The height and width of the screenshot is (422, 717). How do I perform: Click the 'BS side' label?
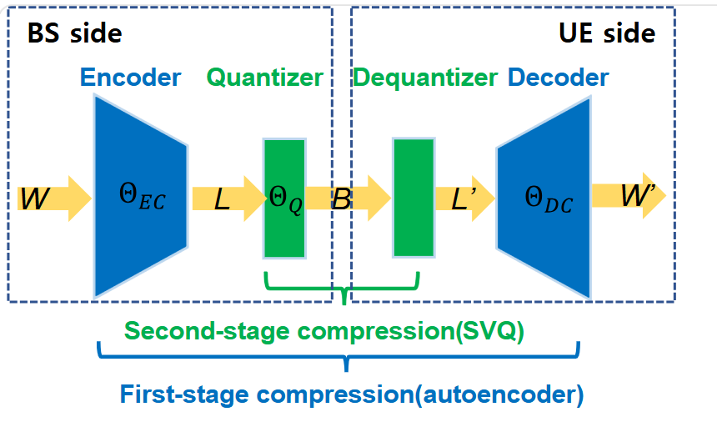[74, 33]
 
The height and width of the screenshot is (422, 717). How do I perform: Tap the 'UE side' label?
[607, 33]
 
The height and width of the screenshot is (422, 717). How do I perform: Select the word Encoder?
[131, 78]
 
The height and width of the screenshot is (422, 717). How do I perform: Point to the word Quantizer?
[265, 78]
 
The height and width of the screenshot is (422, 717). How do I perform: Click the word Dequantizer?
[425, 78]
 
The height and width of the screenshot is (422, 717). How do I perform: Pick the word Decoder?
[559, 78]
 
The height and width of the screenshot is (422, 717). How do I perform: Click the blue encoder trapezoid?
[141, 197]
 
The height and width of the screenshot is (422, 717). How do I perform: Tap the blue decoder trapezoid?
[544, 198]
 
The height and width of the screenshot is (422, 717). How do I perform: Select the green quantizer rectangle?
[284, 198]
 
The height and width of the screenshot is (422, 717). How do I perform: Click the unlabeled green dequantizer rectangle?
[414, 198]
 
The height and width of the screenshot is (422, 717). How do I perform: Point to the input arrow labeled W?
[54, 198]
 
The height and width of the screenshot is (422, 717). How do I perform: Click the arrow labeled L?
[228, 198]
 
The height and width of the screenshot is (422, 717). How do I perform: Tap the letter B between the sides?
[342, 198]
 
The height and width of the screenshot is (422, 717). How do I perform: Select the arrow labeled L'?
[465, 198]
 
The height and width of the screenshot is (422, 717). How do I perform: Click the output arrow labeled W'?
[629, 196]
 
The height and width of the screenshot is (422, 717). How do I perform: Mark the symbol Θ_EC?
[143, 196]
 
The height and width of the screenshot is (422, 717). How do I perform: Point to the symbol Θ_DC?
[549, 199]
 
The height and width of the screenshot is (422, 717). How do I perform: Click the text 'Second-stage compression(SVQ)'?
[324, 330]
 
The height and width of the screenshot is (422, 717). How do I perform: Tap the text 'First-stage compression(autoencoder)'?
[352, 394]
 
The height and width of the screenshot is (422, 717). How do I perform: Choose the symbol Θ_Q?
[285, 199]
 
